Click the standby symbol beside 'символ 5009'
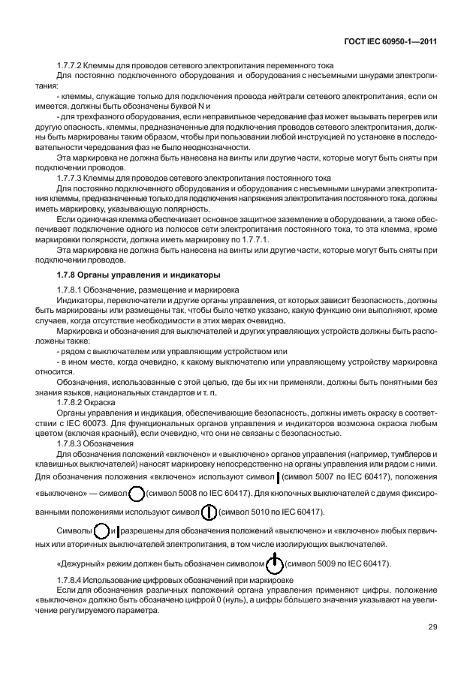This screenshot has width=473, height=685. click(x=276, y=563)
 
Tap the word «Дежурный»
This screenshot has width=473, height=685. click(x=83, y=564)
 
